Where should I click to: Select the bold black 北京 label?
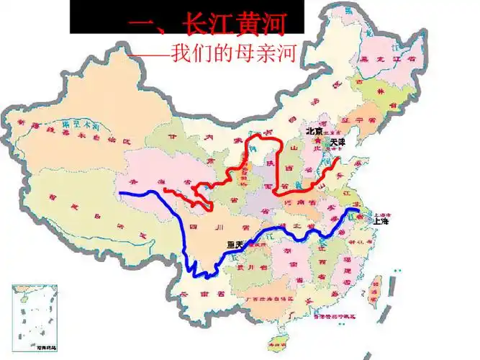[314, 131]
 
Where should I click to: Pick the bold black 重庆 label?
[235, 245]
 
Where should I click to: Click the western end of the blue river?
[120, 193]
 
